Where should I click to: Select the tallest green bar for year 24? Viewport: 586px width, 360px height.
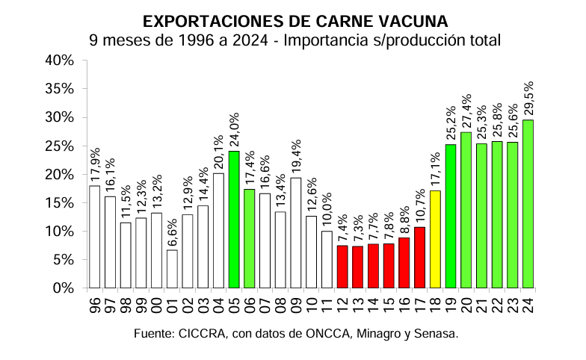528,203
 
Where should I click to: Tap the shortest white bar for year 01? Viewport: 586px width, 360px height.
172,268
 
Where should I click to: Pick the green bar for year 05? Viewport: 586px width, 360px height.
234,219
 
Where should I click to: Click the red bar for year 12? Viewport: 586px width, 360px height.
342,266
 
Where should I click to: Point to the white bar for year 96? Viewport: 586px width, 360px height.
94,236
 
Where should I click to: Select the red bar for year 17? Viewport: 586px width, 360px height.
419,257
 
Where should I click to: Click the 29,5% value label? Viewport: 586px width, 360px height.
528,98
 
